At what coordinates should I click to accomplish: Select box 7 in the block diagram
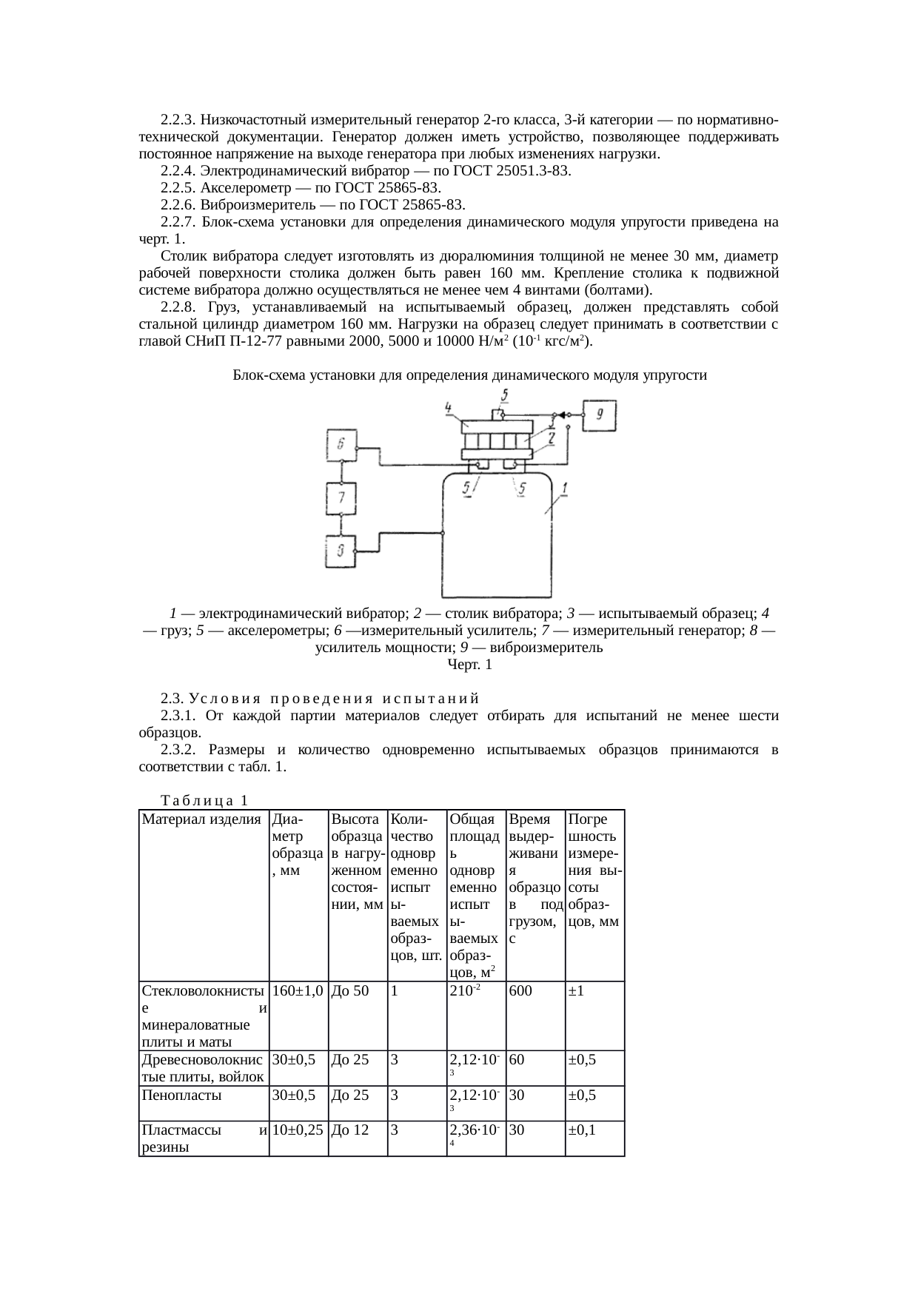click(341, 498)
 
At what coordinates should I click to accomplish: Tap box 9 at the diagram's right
click(600, 415)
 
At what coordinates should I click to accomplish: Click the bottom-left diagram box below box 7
click(341, 551)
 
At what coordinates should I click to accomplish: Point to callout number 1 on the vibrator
click(564, 488)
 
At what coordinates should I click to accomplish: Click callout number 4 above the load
click(448, 407)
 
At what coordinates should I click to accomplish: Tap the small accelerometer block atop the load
click(501, 413)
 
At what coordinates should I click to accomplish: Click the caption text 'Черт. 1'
click(469, 665)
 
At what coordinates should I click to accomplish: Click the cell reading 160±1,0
click(298, 991)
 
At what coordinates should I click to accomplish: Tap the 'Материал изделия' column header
click(201, 819)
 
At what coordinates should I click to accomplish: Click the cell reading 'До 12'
click(349, 1130)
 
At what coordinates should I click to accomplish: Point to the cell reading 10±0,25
click(298, 1130)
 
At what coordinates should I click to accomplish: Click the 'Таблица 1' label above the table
click(204, 800)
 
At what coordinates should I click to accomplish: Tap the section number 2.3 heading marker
click(171, 699)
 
